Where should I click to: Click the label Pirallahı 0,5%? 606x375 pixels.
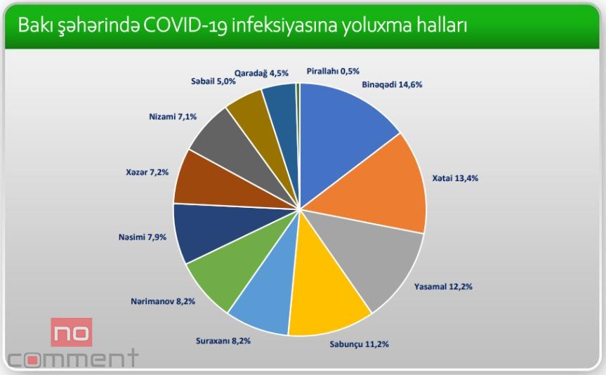(x=333, y=71)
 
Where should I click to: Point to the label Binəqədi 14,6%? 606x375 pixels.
(x=392, y=84)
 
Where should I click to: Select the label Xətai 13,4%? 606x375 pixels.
(x=455, y=178)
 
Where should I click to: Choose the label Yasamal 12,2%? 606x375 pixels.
(x=443, y=287)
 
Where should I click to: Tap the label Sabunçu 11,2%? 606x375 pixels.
(x=359, y=343)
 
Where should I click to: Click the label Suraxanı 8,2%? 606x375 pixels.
(x=223, y=341)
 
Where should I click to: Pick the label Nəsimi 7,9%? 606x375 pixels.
(x=143, y=237)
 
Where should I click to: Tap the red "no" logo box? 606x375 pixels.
(x=72, y=332)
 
